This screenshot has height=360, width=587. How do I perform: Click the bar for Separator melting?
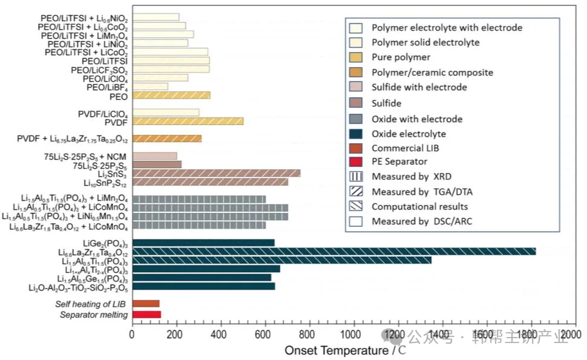[146, 315]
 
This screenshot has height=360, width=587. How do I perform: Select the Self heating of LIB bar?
[146, 304]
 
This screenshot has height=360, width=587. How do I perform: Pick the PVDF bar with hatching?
[187, 121]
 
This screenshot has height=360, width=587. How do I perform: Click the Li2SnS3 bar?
[216, 174]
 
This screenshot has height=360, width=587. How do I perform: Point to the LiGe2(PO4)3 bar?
[203, 243]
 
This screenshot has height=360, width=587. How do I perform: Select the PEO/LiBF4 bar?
[150, 87]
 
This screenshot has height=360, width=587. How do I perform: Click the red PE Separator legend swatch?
[355, 162]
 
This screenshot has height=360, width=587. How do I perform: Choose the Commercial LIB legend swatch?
[355, 147]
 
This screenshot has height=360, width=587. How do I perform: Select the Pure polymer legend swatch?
[355, 57]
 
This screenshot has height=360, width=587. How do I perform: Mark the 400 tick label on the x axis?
[220, 334]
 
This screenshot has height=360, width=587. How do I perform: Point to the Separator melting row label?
[94, 315]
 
